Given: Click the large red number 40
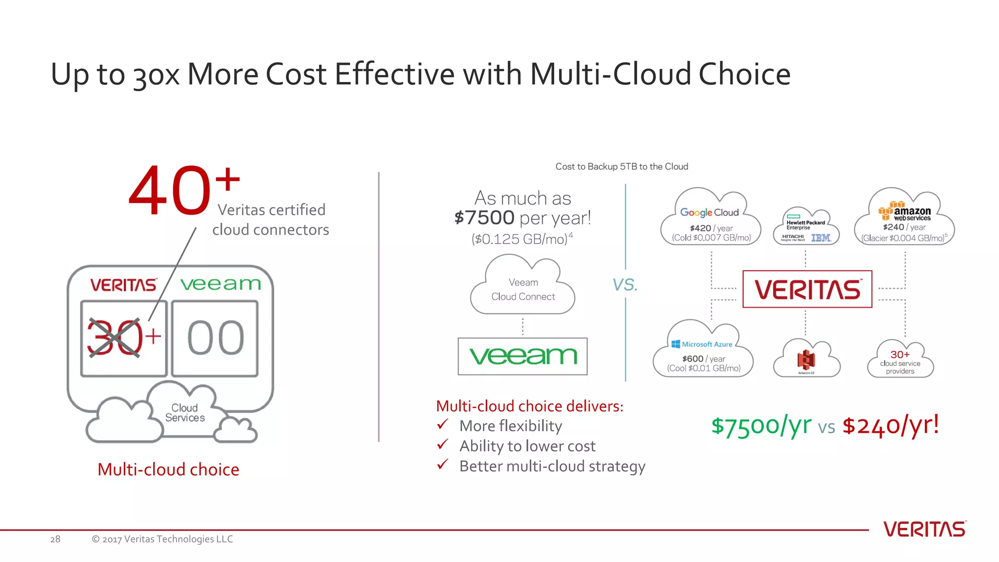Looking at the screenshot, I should point(169,191).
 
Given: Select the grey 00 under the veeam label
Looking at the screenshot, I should point(216,338).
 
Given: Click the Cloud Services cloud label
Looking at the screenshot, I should point(185,413).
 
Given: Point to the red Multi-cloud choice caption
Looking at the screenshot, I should point(168,469).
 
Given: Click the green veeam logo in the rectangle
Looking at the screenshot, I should point(523,356).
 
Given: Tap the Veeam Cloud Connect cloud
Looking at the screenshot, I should point(523,289).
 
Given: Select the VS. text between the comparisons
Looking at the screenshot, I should point(625,284).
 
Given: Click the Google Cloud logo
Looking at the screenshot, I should point(709,212).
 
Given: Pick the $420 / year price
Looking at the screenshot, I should point(711,228).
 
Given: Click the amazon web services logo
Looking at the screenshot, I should point(905,212).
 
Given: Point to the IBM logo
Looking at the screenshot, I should point(821,238).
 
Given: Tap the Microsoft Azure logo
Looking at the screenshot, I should point(702,344).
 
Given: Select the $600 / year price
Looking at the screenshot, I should point(703,359).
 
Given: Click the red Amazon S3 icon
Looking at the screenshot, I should point(806,360).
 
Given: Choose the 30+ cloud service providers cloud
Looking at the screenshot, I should point(900,361).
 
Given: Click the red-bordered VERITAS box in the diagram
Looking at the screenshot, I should point(807,289).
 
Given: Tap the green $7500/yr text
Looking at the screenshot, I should point(761,425).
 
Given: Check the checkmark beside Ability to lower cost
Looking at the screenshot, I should point(443,445).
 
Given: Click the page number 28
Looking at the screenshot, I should point(55,539).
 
